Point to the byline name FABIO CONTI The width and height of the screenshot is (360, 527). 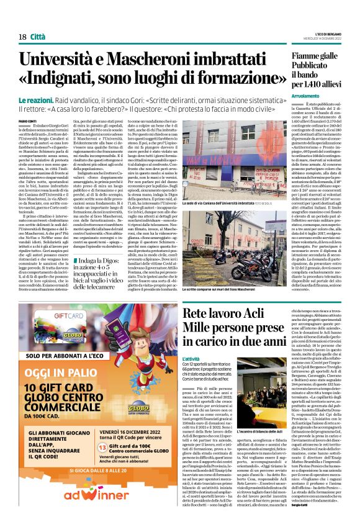point(28,121)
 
